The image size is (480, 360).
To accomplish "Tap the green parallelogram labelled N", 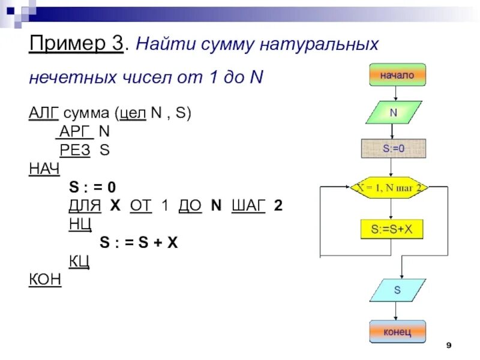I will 394,112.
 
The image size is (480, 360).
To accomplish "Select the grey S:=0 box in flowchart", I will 394,148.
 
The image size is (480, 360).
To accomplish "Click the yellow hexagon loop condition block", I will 391,188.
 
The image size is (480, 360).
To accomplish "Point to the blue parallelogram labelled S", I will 397,290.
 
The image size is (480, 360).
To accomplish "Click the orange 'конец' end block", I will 397,331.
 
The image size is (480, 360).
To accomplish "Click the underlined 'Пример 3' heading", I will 76,45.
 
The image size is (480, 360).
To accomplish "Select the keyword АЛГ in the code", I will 40,113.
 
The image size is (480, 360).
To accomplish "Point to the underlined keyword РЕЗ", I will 75,149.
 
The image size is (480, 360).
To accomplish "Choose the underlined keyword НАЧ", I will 44,169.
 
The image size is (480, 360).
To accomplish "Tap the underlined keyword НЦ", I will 80,224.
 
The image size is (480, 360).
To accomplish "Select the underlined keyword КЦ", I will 80,261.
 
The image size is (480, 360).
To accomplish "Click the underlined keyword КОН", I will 45,280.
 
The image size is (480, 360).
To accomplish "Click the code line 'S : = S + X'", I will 139,242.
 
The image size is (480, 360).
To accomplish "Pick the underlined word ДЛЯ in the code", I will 83,205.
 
